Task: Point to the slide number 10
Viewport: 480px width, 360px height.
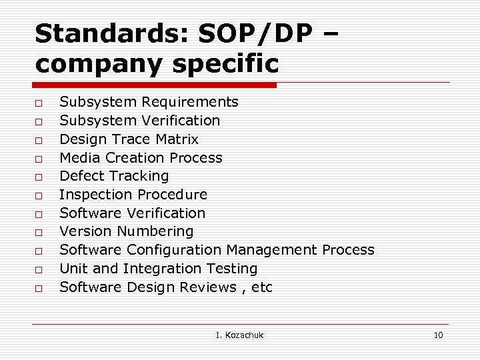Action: coord(438,335)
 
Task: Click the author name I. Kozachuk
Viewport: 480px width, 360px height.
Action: coord(240,335)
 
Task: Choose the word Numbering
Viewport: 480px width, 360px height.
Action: coord(155,231)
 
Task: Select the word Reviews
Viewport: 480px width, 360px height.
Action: coord(210,287)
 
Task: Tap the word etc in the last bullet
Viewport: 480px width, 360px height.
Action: coord(263,287)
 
